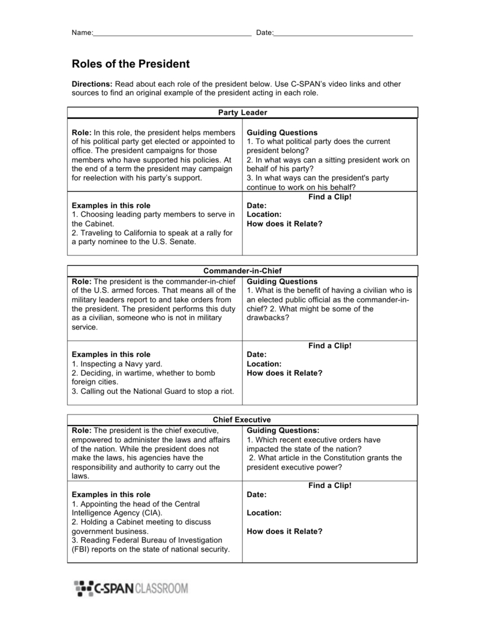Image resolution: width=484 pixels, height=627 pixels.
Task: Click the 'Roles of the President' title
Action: coord(131,64)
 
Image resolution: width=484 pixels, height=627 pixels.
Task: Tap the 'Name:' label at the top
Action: coord(82,32)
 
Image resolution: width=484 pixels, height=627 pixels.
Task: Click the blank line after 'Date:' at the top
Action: coord(343,33)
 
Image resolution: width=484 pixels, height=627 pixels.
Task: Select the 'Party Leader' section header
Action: coord(242,113)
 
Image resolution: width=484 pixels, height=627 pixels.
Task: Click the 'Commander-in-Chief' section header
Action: coord(242,271)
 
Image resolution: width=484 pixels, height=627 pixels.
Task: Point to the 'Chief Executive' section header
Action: coord(242,419)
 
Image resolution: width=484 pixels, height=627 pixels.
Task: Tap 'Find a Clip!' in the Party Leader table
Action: coord(330,197)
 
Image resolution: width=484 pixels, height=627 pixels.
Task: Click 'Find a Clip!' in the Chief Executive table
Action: coord(330,486)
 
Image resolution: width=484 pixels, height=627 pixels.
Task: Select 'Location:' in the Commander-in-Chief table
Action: coord(264,364)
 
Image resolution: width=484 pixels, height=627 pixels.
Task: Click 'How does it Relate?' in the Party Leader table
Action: coord(284,223)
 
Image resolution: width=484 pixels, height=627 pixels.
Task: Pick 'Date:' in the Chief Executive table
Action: coord(256,494)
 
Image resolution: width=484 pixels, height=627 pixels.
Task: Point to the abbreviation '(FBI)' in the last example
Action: coord(83,549)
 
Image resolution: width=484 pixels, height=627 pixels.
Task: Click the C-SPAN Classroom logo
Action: coord(132,588)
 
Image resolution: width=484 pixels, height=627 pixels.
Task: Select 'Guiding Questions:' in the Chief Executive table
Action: coord(283,430)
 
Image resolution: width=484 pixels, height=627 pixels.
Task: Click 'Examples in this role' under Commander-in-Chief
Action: coord(111,355)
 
